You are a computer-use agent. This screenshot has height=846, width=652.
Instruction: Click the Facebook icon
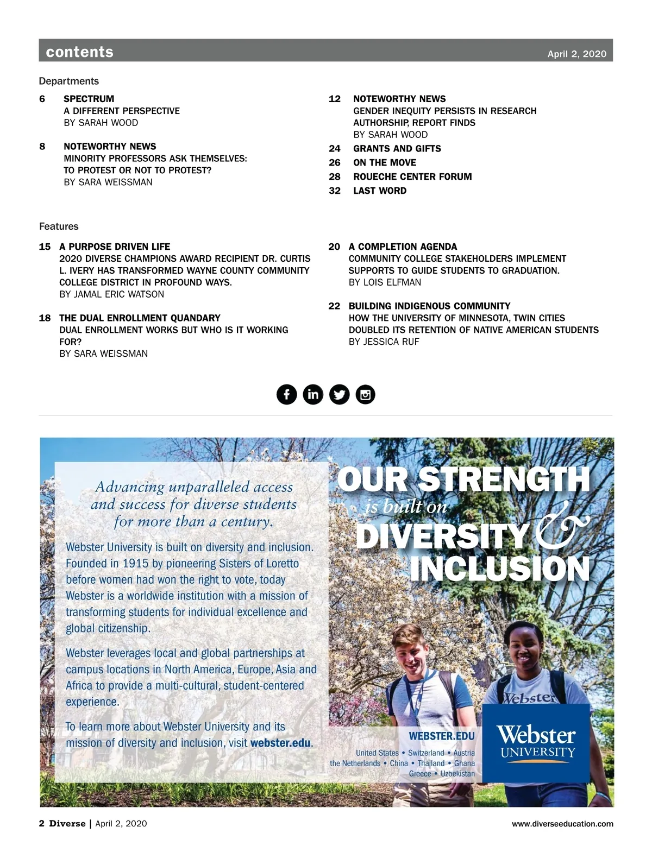[287, 394]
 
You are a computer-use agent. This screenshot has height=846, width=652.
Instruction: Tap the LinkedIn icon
[313, 394]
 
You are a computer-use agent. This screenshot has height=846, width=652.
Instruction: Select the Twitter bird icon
[340, 394]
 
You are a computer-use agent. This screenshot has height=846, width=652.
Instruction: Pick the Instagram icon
[365, 394]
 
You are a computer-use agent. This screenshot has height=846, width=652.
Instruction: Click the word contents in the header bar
[80, 52]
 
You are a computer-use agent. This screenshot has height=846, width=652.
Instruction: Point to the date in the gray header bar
[576, 54]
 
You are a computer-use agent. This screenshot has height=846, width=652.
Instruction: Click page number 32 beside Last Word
[335, 191]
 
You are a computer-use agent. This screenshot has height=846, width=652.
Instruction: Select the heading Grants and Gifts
[397, 148]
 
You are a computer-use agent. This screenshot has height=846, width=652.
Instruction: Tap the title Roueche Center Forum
[412, 176]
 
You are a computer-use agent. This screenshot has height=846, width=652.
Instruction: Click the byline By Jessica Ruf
[384, 342]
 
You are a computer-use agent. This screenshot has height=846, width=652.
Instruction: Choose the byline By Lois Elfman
[385, 282]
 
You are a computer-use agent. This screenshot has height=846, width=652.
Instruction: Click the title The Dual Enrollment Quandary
[140, 318]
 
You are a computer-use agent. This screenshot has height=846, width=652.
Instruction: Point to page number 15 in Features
[45, 247]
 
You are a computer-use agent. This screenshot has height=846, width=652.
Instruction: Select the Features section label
[59, 226]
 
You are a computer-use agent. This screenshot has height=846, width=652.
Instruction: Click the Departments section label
[69, 81]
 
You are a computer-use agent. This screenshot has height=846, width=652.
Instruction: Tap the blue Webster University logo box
[536, 742]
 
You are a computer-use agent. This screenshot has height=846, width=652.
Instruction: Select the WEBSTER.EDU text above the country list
[442, 736]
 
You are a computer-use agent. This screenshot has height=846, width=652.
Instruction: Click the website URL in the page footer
[562, 824]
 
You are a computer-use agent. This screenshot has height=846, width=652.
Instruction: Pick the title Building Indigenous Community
[429, 306]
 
